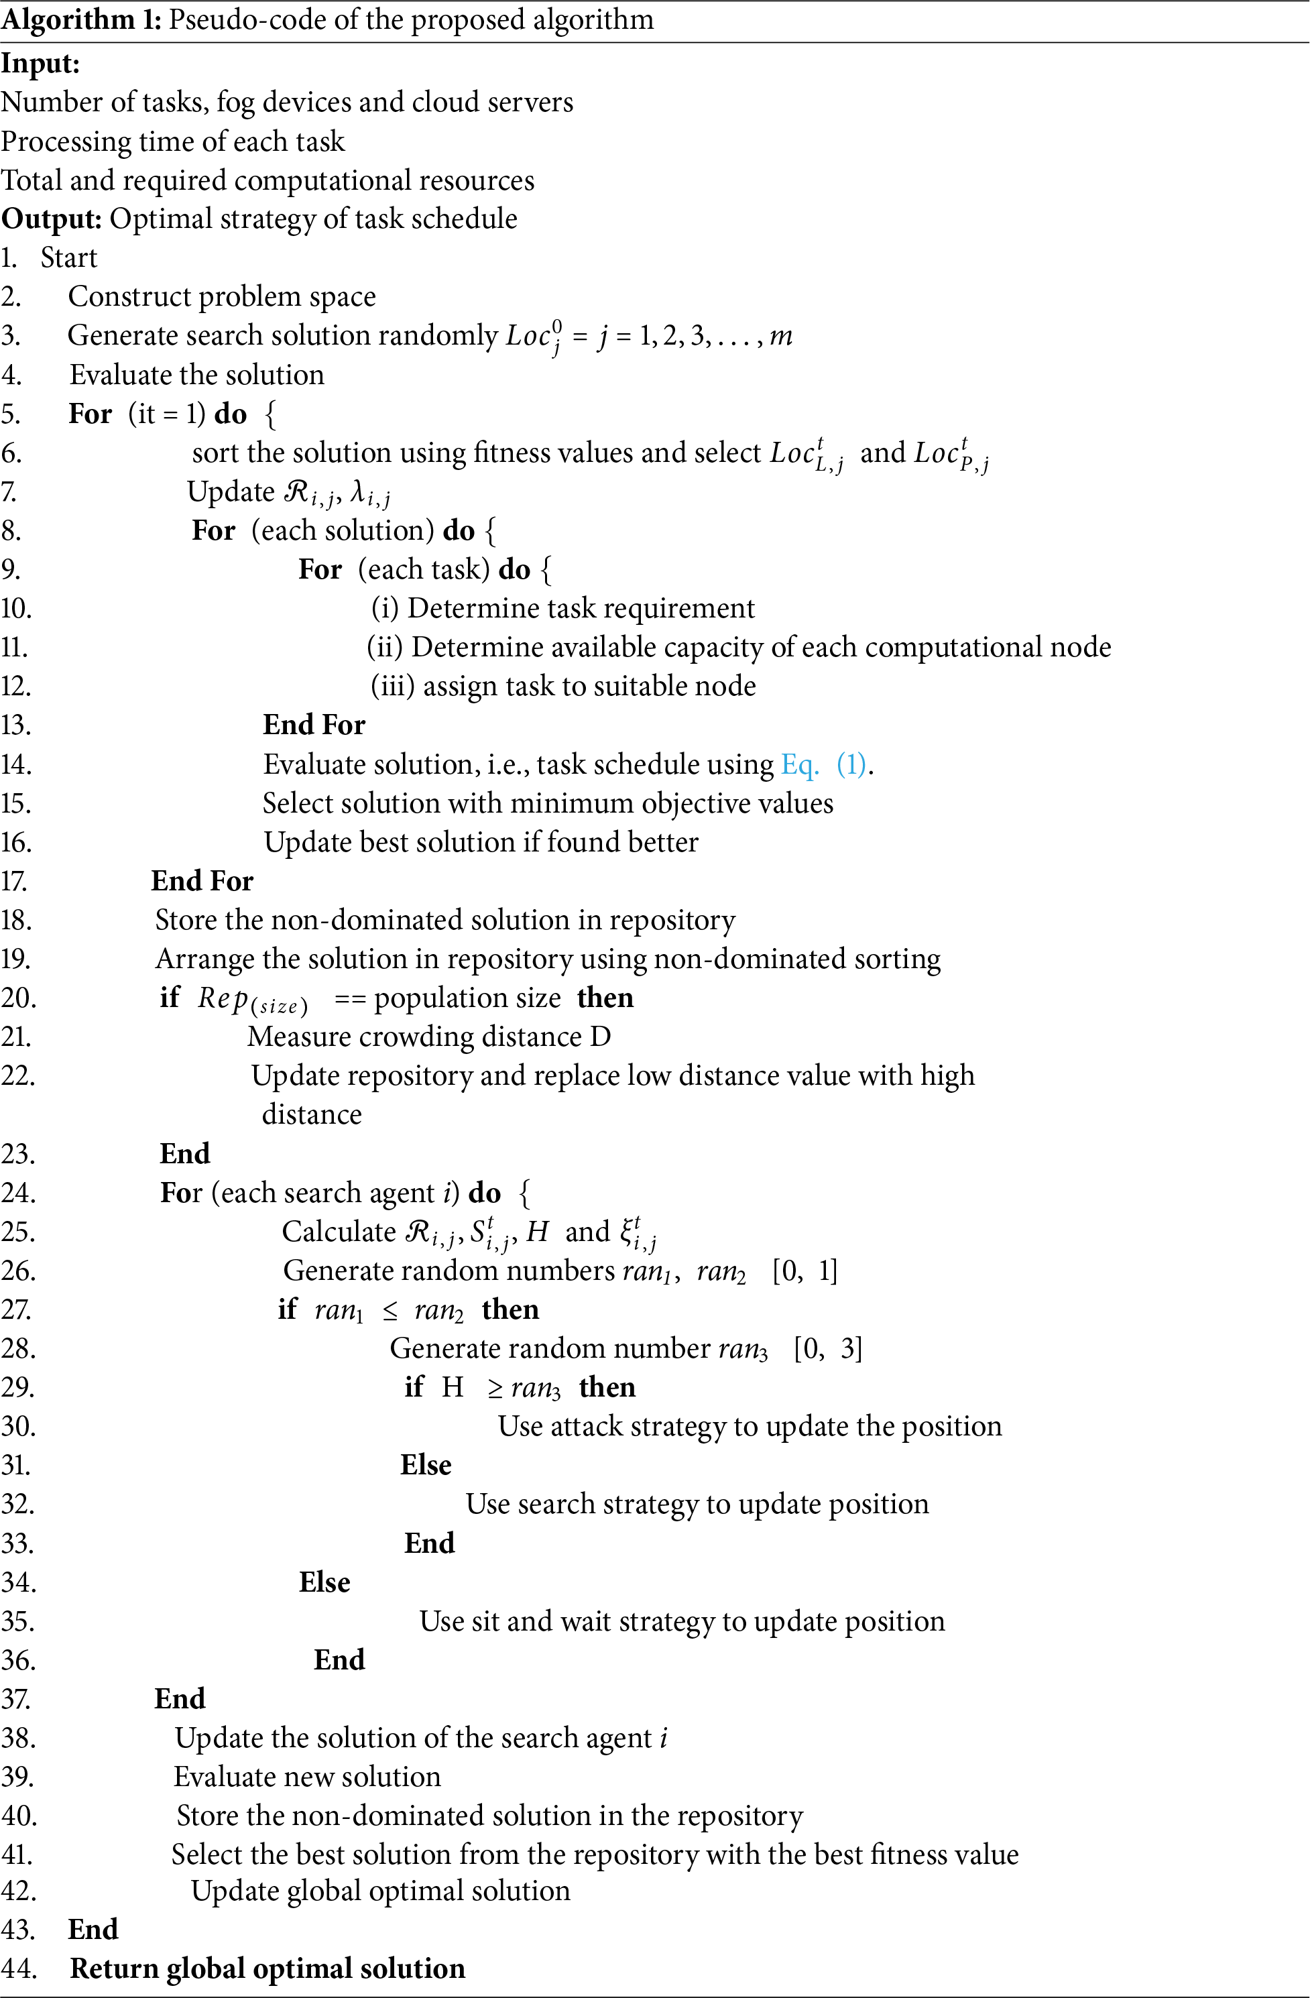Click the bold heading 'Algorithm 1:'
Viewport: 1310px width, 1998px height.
[x=81, y=19]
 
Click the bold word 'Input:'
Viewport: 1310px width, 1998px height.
[x=40, y=64]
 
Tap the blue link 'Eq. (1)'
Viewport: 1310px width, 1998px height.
[x=823, y=764]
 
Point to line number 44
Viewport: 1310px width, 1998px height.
[x=19, y=1968]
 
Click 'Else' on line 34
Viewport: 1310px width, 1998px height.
[x=324, y=1582]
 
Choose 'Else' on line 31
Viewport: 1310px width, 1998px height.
[x=426, y=1465]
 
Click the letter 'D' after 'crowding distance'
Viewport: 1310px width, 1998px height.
[x=600, y=1037]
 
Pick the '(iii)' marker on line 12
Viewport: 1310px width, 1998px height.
[x=393, y=686]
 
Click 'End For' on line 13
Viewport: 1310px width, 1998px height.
[x=314, y=725]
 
